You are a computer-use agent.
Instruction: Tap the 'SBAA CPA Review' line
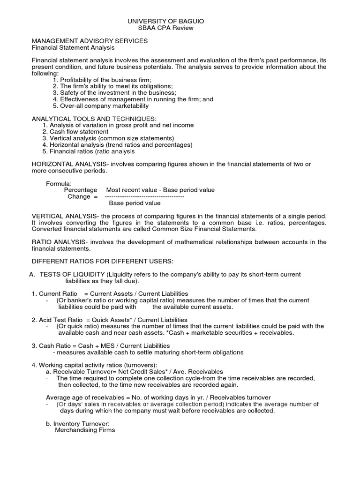(166, 28)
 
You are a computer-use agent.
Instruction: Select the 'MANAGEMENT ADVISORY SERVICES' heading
(90, 41)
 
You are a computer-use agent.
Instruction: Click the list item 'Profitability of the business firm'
(106, 80)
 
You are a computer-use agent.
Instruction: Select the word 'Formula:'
(59, 183)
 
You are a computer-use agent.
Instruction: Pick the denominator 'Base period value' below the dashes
(135, 203)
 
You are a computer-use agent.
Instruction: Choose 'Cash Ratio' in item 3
(54, 346)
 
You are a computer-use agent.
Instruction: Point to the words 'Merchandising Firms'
(85, 430)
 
